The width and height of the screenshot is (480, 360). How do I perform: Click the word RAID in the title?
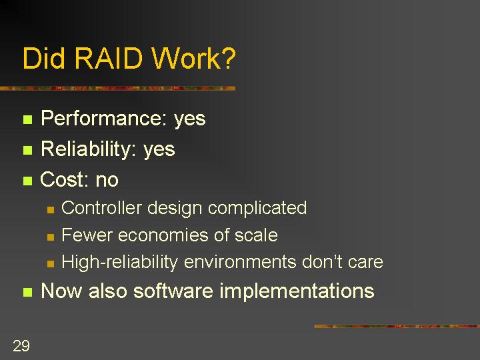pyautogui.click(x=109, y=58)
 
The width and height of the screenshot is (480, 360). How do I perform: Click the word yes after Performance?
pyautogui.click(x=190, y=120)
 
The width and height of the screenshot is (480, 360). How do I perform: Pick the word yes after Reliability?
pyautogui.click(x=159, y=150)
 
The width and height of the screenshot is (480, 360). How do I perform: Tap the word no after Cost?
pyautogui.click(x=107, y=181)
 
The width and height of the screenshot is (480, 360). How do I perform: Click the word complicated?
pyautogui.click(x=257, y=209)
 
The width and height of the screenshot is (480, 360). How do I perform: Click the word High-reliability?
pyautogui.click(x=120, y=263)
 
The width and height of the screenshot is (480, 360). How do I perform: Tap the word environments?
pyautogui.click(x=240, y=263)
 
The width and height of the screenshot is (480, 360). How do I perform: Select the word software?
pyautogui.click(x=173, y=290)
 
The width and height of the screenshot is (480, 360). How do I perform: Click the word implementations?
pyautogui.click(x=297, y=291)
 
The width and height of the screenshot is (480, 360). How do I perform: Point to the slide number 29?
pyautogui.click(x=21, y=346)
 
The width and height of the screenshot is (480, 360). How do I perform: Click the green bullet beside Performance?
pyautogui.click(x=27, y=119)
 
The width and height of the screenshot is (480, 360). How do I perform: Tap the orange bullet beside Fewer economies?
pyautogui.click(x=51, y=237)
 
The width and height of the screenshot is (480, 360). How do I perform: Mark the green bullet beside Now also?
pyautogui.click(x=27, y=292)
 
